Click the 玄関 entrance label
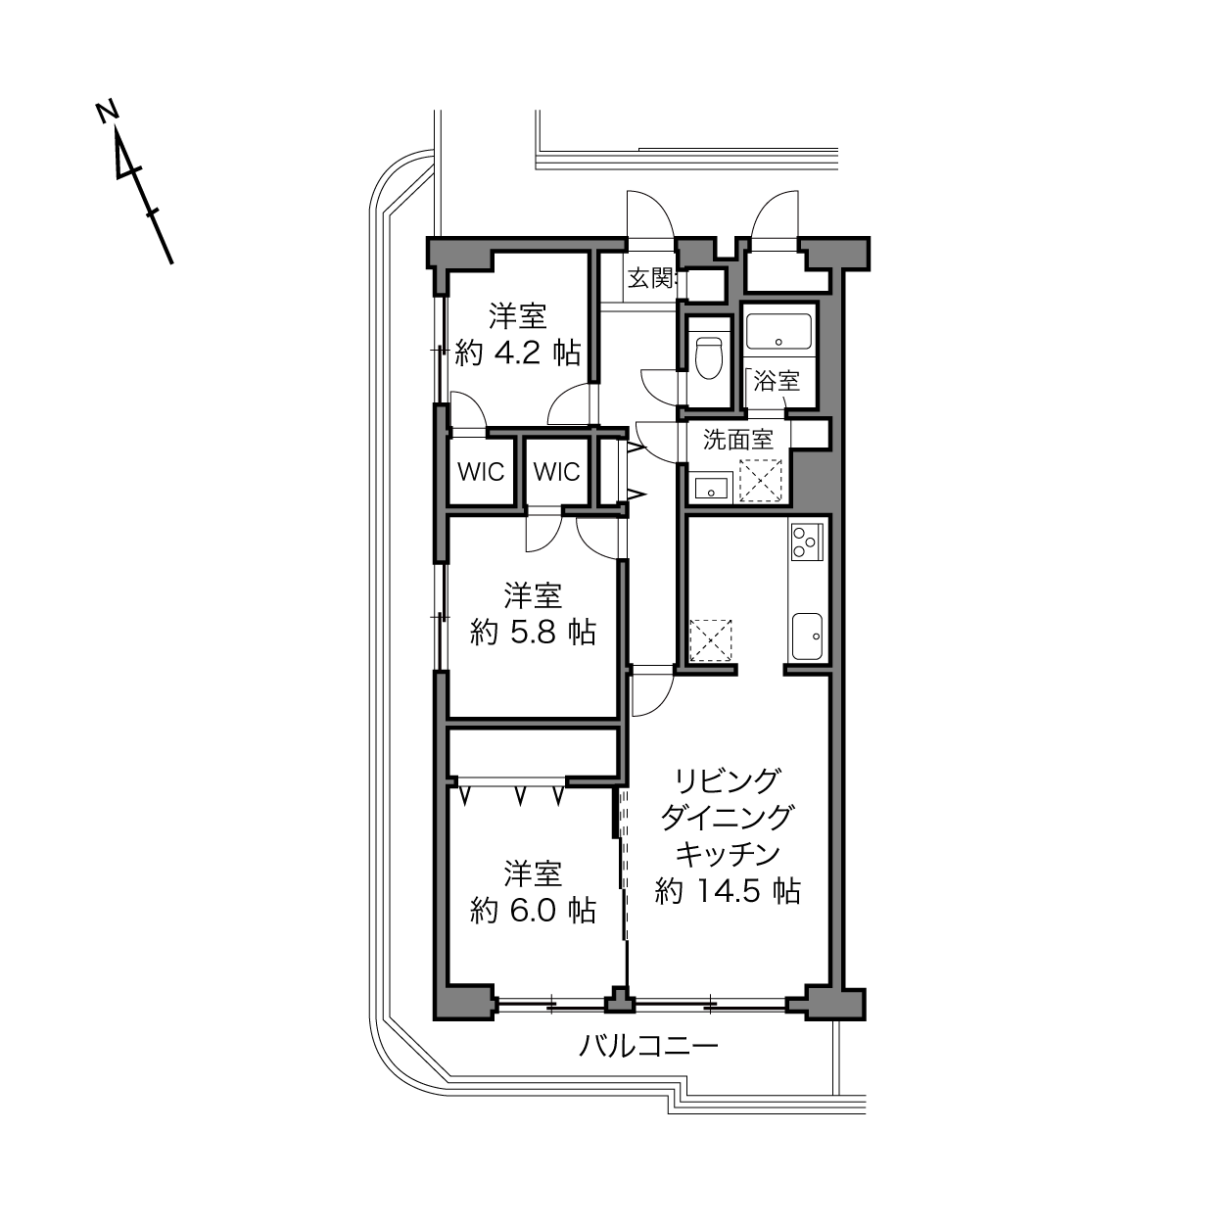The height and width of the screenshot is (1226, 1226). [x=650, y=278]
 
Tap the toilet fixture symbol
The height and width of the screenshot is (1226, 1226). [x=709, y=357]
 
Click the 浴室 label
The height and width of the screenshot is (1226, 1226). [x=777, y=381]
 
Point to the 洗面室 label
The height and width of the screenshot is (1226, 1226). [x=738, y=440]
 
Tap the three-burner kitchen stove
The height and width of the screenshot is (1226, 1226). [x=807, y=542]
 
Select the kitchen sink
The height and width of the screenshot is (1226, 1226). [x=807, y=637]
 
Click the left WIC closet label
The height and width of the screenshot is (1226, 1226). [x=481, y=472]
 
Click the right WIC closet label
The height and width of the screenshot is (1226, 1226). [x=557, y=472]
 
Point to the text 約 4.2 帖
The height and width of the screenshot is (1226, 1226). [x=518, y=353]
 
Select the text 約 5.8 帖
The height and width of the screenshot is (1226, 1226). [x=533, y=633]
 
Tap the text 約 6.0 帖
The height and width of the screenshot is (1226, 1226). [x=533, y=911]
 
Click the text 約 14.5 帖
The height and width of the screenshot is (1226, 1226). [x=728, y=891]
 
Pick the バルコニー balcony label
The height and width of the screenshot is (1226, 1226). [x=648, y=1046]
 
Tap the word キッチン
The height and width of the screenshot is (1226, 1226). [x=728, y=854]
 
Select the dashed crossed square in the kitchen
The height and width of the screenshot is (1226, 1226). [x=711, y=640]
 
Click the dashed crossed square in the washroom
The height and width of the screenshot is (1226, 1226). [x=760, y=481]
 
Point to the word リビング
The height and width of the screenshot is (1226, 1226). [x=728, y=780]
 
